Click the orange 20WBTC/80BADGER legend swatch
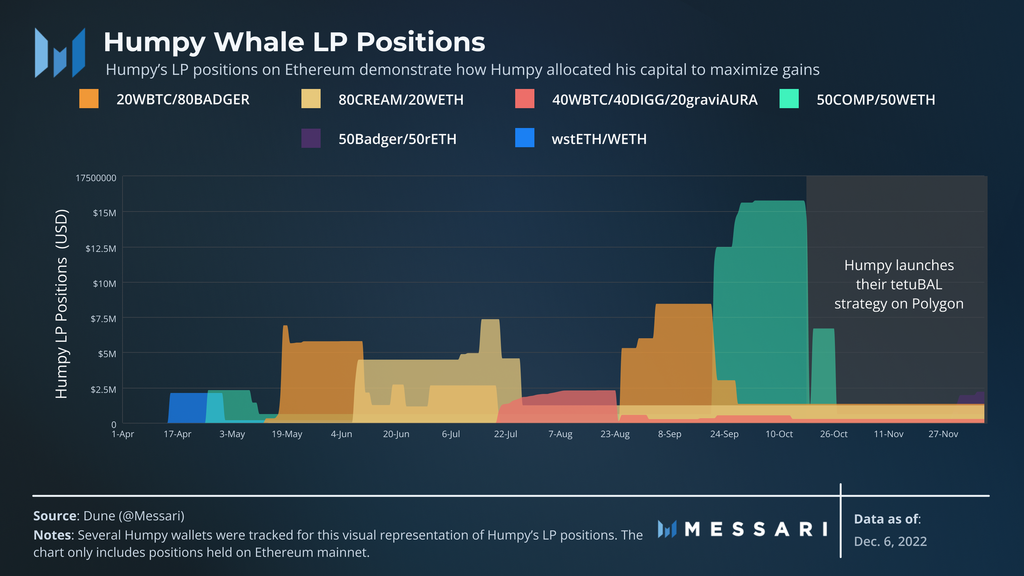click(x=89, y=99)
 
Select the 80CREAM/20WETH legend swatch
click(x=311, y=99)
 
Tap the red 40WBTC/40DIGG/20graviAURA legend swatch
click(x=524, y=99)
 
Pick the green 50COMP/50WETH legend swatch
click(x=789, y=99)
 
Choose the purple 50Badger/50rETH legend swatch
click(x=311, y=138)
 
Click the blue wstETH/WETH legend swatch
click(x=524, y=138)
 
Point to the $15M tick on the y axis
click(x=104, y=213)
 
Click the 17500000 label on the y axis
click(x=96, y=178)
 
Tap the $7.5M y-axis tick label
click(x=103, y=319)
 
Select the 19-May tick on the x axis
click(x=287, y=434)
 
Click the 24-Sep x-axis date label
click(x=724, y=434)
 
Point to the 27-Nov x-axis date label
click(x=943, y=434)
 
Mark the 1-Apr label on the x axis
click(x=123, y=434)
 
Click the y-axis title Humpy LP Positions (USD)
click(x=62, y=304)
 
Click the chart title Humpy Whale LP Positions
click(x=294, y=42)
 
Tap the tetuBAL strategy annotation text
click(x=899, y=284)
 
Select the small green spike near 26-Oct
click(x=823, y=363)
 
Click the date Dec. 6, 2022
click(x=890, y=541)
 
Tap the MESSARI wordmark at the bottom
click(x=755, y=529)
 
